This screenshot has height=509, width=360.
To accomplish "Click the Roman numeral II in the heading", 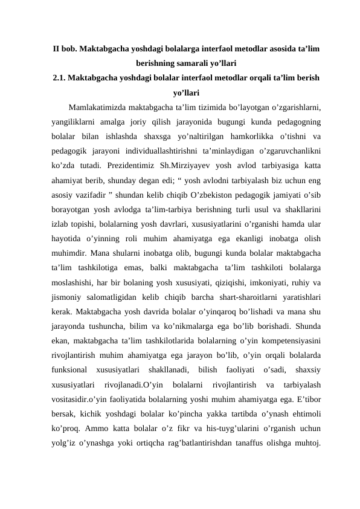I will tap(56, 48).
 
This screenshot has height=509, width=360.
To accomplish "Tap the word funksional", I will tap(71, 369).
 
